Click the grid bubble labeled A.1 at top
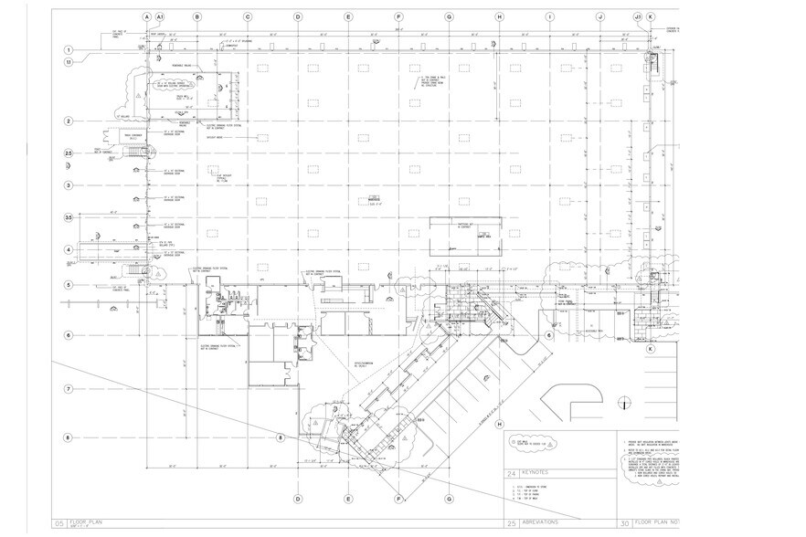(x=160, y=17)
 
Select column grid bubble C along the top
(x=247, y=17)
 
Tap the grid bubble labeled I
(x=549, y=17)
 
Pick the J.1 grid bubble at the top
(x=638, y=17)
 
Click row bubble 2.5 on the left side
(x=68, y=153)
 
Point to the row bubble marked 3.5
(x=68, y=217)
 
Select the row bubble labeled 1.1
(x=68, y=62)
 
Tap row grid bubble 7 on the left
(x=68, y=389)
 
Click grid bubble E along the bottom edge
(x=348, y=500)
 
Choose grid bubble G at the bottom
(x=449, y=500)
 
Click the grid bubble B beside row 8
(x=281, y=438)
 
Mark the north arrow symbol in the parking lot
(x=623, y=403)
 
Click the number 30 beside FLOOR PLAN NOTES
(x=624, y=524)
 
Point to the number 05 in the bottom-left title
(x=58, y=524)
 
